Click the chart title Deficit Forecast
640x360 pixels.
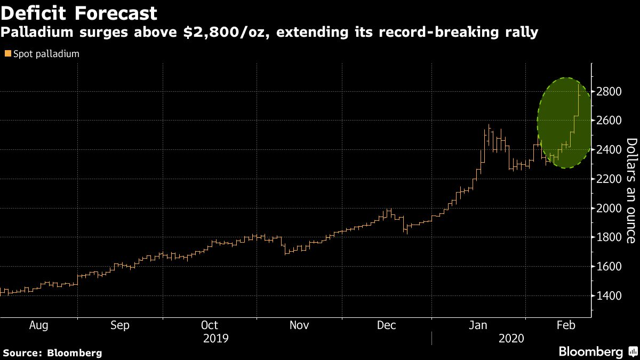click(x=79, y=13)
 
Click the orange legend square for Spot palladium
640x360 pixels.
click(x=7, y=54)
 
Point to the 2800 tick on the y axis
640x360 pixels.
click(x=608, y=92)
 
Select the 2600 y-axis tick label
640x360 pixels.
click(x=608, y=121)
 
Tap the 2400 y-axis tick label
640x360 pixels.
click(x=608, y=150)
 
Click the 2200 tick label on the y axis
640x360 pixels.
click(x=608, y=179)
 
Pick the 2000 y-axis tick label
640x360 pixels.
click(x=608, y=208)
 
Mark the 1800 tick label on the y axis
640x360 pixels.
click(x=608, y=237)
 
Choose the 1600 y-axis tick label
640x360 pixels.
click(x=608, y=266)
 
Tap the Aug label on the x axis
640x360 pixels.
click(x=38, y=325)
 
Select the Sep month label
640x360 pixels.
click(x=119, y=325)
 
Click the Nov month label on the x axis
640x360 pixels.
click(x=299, y=325)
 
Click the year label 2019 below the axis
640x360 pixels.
click(x=217, y=338)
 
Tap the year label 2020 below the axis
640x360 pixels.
click(x=511, y=338)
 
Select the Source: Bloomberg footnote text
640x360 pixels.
click(x=52, y=353)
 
